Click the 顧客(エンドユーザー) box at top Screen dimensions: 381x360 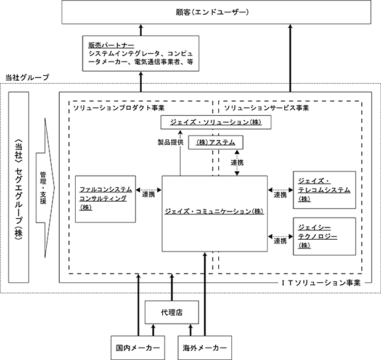click(216, 12)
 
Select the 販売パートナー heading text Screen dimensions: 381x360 click(111, 45)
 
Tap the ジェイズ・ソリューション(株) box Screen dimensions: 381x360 click(216, 122)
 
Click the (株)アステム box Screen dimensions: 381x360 click(216, 142)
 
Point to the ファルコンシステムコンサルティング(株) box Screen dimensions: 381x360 click(105, 199)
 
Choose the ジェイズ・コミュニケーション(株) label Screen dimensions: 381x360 click(215, 211)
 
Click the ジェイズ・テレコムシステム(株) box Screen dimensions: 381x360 click(324, 190)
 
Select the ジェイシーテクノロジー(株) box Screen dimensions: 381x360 click(324, 236)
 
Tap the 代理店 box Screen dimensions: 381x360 click(172, 313)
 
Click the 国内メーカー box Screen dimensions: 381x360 click(137, 348)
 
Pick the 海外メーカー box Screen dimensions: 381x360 click(205, 348)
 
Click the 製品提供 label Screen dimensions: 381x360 click(171, 142)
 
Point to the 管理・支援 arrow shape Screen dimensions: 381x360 click(45, 187)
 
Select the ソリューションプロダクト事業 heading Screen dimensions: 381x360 click(119, 108)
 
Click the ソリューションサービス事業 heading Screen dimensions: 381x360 click(266, 108)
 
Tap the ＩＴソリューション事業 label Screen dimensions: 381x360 click(321, 283)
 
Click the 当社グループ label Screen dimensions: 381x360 click(27, 78)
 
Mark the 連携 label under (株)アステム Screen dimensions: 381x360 click(237, 163)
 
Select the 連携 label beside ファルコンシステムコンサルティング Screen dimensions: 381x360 click(149, 194)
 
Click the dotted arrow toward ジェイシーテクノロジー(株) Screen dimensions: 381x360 click(281, 236)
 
